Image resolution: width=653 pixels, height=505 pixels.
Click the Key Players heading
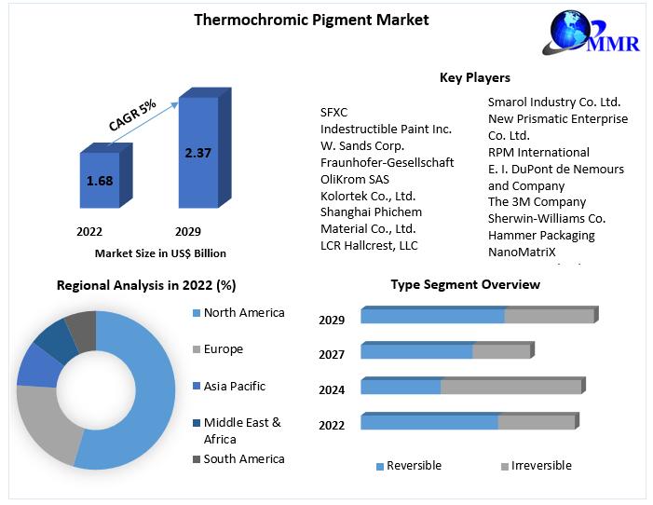pyautogui.click(x=474, y=78)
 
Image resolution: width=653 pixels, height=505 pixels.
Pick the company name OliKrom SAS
pyautogui.click(x=355, y=179)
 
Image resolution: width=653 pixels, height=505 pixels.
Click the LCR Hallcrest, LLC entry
pyautogui.click(x=369, y=246)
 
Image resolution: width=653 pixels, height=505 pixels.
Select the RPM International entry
pyautogui.click(x=538, y=152)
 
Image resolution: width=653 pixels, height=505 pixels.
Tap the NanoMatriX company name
pyautogui.click(x=521, y=252)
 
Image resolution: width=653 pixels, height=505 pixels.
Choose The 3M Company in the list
pyautogui.click(x=537, y=202)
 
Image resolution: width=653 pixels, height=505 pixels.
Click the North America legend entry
pyautogui.click(x=243, y=313)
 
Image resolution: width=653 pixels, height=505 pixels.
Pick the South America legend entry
pyautogui.click(x=243, y=458)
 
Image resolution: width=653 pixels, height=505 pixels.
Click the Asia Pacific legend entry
pyautogui.click(x=234, y=386)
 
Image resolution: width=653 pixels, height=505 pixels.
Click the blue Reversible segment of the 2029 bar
pyautogui.click(x=432, y=316)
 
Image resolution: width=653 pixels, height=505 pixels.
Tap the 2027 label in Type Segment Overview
pyautogui.click(x=332, y=355)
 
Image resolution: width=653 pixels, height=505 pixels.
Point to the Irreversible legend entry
pyautogui.click(x=540, y=466)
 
